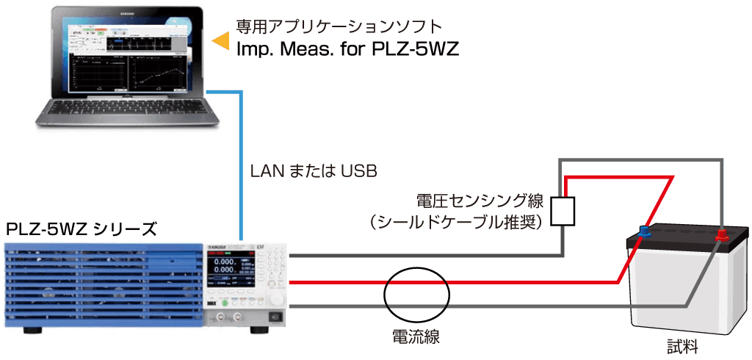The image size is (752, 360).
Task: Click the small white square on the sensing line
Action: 563,212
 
